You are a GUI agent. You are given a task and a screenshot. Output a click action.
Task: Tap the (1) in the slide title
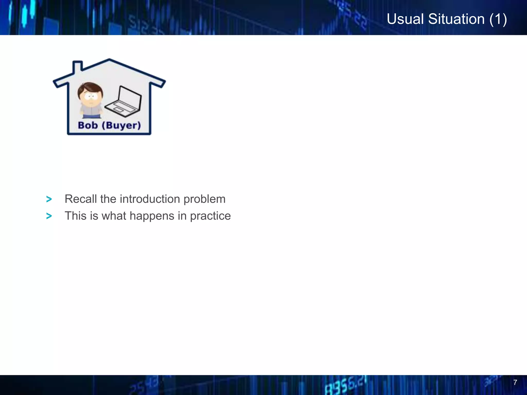[x=498, y=19]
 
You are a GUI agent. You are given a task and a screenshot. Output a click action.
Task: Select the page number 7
[x=515, y=382]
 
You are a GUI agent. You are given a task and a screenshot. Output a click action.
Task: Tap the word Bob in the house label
[x=88, y=125]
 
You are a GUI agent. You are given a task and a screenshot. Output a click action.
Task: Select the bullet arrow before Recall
[x=49, y=199]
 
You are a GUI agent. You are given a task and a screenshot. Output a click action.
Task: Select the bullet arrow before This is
[x=49, y=216]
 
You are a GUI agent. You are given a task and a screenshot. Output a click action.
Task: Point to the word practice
[x=210, y=216]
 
